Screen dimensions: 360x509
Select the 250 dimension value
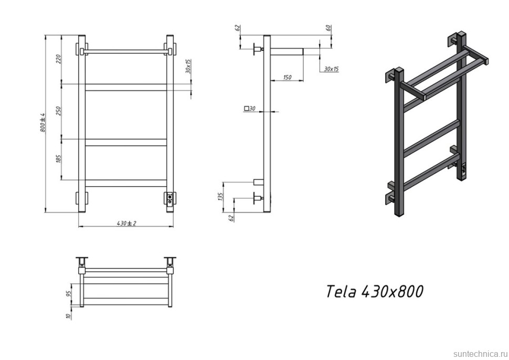click(59, 111)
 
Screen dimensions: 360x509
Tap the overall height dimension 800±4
click(43, 123)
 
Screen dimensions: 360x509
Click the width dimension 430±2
click(126, 223)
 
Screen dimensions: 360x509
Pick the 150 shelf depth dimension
click(287, 77)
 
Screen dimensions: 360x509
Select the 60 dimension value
click(329, 28)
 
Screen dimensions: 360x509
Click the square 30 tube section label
click(250, 109)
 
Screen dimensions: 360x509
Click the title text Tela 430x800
click(374, 292)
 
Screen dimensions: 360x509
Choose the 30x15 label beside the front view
click(188, 67)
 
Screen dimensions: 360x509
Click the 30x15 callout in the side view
click(331, 69)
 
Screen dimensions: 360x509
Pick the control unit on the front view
click(171, 198)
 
